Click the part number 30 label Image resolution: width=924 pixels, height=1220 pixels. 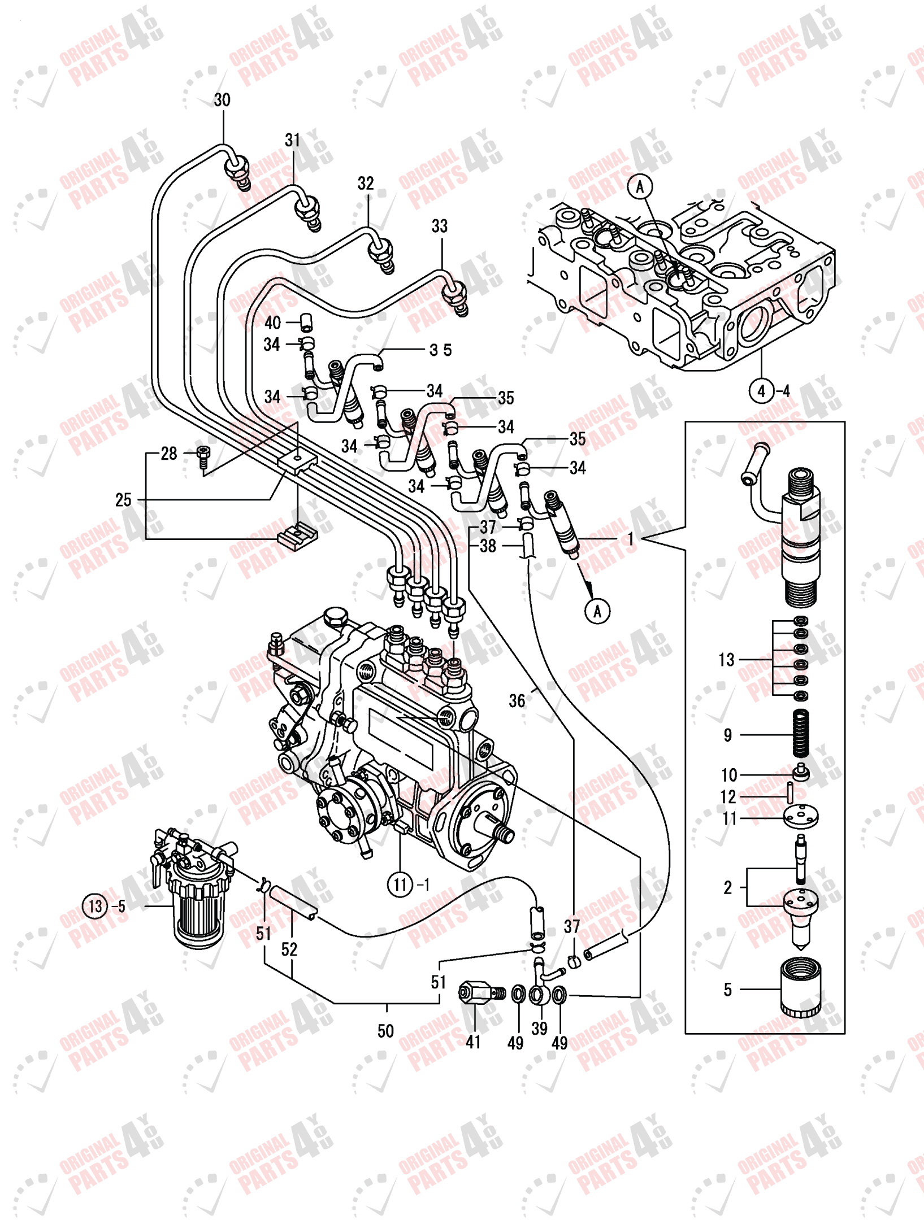pos(222,100)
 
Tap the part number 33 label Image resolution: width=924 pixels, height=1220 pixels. pos(440,226)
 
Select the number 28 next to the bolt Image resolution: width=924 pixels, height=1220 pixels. pos(169,454)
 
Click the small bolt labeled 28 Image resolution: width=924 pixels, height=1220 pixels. pos(203,456)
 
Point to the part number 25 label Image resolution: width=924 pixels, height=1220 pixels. pos(123,500)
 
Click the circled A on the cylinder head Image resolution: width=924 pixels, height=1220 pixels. pos(640,186)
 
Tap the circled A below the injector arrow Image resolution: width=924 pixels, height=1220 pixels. pos(597,611)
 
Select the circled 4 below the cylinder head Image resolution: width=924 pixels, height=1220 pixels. pos(761,391)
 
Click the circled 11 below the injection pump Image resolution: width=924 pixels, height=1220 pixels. pos(400,884)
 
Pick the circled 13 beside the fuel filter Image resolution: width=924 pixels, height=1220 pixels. pos(95,906)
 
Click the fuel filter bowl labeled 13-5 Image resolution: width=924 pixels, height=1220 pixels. pos(198,915)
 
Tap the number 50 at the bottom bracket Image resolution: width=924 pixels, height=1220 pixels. pos(386,1031)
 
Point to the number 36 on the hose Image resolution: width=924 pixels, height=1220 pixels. pos(517,701)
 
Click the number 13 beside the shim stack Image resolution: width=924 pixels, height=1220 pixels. pos(727,660)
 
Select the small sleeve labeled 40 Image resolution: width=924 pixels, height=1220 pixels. pos(307,323)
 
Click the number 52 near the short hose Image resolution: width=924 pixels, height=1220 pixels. pos(289,949)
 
